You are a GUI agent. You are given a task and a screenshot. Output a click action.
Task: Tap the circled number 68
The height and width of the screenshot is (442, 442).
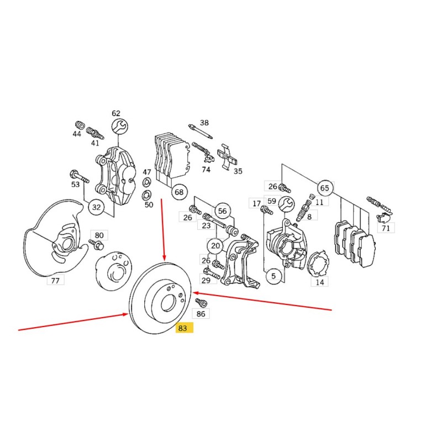[x=179, y=192]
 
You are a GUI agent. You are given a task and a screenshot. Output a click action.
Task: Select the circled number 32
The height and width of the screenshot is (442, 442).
[x=96, y=207]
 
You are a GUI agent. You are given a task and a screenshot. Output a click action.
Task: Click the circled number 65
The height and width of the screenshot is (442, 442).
[x=325, y=188]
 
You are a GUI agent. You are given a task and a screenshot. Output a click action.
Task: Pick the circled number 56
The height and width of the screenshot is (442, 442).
[x=223, y=211]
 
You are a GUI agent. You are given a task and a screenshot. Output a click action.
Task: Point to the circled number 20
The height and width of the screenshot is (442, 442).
[x=215, y=246]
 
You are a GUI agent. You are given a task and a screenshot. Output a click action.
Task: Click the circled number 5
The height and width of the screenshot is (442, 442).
[x=273, y=276]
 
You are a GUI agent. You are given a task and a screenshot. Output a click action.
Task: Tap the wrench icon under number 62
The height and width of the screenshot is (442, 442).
[x=120, y=127]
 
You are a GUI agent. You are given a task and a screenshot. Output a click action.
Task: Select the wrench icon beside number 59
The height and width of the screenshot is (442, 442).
[x=286, y=205]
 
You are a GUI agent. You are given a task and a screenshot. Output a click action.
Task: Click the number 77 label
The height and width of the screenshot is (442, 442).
[x=56, y=281]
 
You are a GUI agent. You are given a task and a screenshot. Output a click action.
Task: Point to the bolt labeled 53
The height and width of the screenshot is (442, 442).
[x=79, y=176]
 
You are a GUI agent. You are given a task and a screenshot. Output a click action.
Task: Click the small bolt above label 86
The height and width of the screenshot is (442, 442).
[x=201, y=302]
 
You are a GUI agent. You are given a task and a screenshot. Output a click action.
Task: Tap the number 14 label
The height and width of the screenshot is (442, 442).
[x=320, y=282]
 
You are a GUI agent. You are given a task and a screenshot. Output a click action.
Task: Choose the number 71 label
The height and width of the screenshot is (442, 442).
[x=386, y=228]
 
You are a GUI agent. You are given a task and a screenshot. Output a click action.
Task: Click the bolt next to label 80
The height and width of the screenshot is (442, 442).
[x=96, y=244]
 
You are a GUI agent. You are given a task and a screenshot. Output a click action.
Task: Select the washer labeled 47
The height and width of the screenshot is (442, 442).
[x=146, y=182]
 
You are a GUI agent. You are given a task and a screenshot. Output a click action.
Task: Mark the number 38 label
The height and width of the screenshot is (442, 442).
[x=204, y=123]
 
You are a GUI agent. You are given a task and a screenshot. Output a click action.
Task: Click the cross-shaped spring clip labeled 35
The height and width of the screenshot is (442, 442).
[x=227, y=157]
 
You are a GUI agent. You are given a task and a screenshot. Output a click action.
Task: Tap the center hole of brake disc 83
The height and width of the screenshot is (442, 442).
[x=169, y=303]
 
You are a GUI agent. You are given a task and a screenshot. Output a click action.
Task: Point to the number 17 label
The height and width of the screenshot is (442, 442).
[x=256, y=203]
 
